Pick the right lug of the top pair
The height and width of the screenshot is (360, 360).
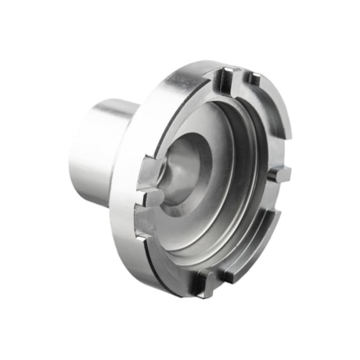click(x=253, y=79)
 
